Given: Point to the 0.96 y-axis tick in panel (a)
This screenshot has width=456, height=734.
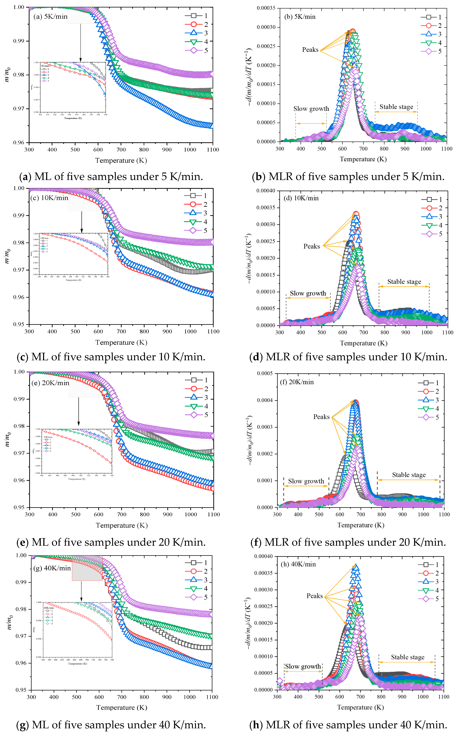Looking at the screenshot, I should [19, 143].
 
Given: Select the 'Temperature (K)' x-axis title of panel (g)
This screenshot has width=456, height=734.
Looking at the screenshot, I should [121, 707].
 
